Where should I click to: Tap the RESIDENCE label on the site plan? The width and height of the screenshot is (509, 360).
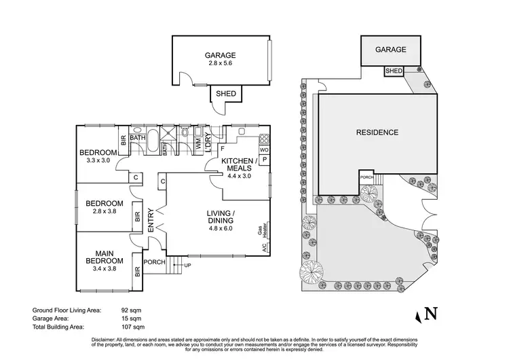pyautogui.click(x=377, y=132)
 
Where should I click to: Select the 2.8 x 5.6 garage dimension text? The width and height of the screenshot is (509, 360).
pyautogui.click(x=220, y=65)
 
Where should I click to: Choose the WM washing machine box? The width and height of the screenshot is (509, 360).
pyautogui.click(x=199, y=144)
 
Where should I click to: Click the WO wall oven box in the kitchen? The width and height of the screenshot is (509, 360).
pyautogui.click(x=264, y=149)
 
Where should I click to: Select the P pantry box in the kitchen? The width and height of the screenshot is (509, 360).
pyautogui.click(x=264, y=160)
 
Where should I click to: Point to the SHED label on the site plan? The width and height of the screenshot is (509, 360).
pyautogui.click(x=394, y=71)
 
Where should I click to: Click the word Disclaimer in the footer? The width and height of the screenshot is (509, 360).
pyautogui.click(x=103, y=338)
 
